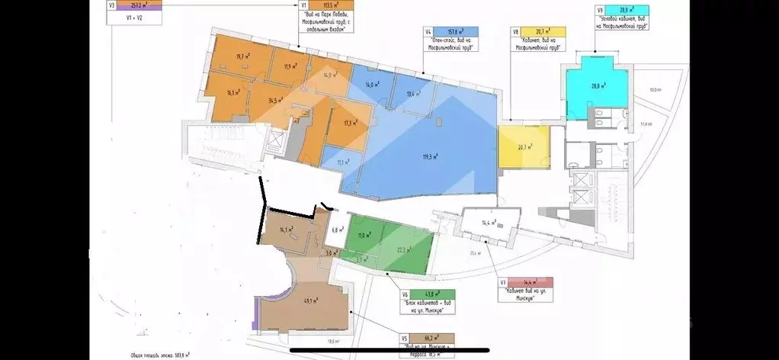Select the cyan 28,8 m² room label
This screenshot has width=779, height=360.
(598, 86)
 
